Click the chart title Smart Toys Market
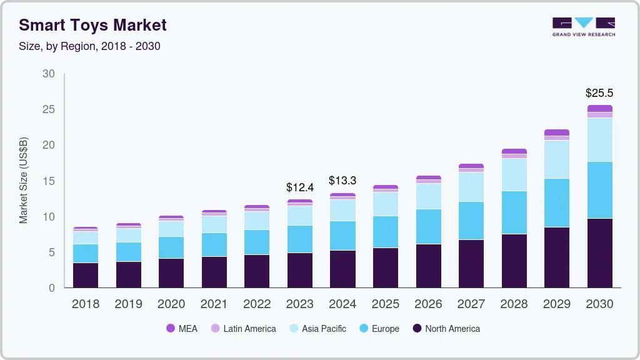pyautogui.click(x=92, y=26)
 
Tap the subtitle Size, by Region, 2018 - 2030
pyautogui.click(x=89, y=46)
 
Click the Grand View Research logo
pyautogui.click(x=583, y=27)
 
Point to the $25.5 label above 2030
pyautogui.click(x=599, y=93)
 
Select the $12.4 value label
pyautogui.click(x=299, y=187)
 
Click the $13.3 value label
pyautogui.click(x=342, y=181)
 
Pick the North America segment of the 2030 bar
pyautogui.click(x=599, y=252)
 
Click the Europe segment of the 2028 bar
pyautogui.click(x=514, y=212)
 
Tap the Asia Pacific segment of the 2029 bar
pyautogui.click(x=556, y=159)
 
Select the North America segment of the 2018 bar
pyautogui.click(x=86, y=275)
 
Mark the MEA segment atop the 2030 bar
pyautogui.click(x=599, y=108)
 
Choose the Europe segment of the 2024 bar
pyautogui.click(x=342, y=236)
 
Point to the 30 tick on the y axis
pyautogui.click(x=49, y=74)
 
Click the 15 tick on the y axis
pyautogui.click(x=49, y=181)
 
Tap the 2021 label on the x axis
pyautogui.click(x=214, y=304)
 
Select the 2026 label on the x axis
pyautogui.click(x=428, y=304)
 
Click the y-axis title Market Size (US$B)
pyautogui.click(x=24, y=181)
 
